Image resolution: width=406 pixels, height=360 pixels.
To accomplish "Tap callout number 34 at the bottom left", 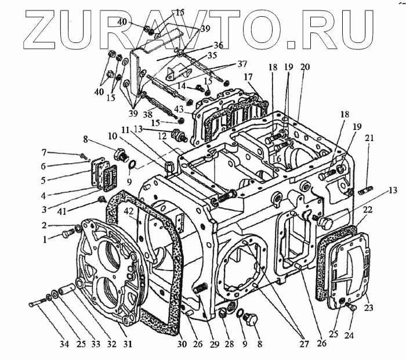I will [64, 345].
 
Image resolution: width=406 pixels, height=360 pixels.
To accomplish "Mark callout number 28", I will [229, 345].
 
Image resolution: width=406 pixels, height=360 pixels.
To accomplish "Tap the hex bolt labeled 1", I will [66, 234].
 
